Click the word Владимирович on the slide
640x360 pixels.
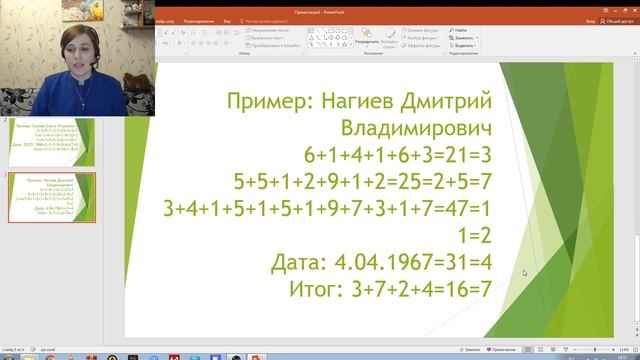[418, 129]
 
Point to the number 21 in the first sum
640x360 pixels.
[438, 155]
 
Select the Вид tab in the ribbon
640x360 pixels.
[228, 19]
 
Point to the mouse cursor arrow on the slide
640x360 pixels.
[523, 272]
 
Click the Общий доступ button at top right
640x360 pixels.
[616, 19]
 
